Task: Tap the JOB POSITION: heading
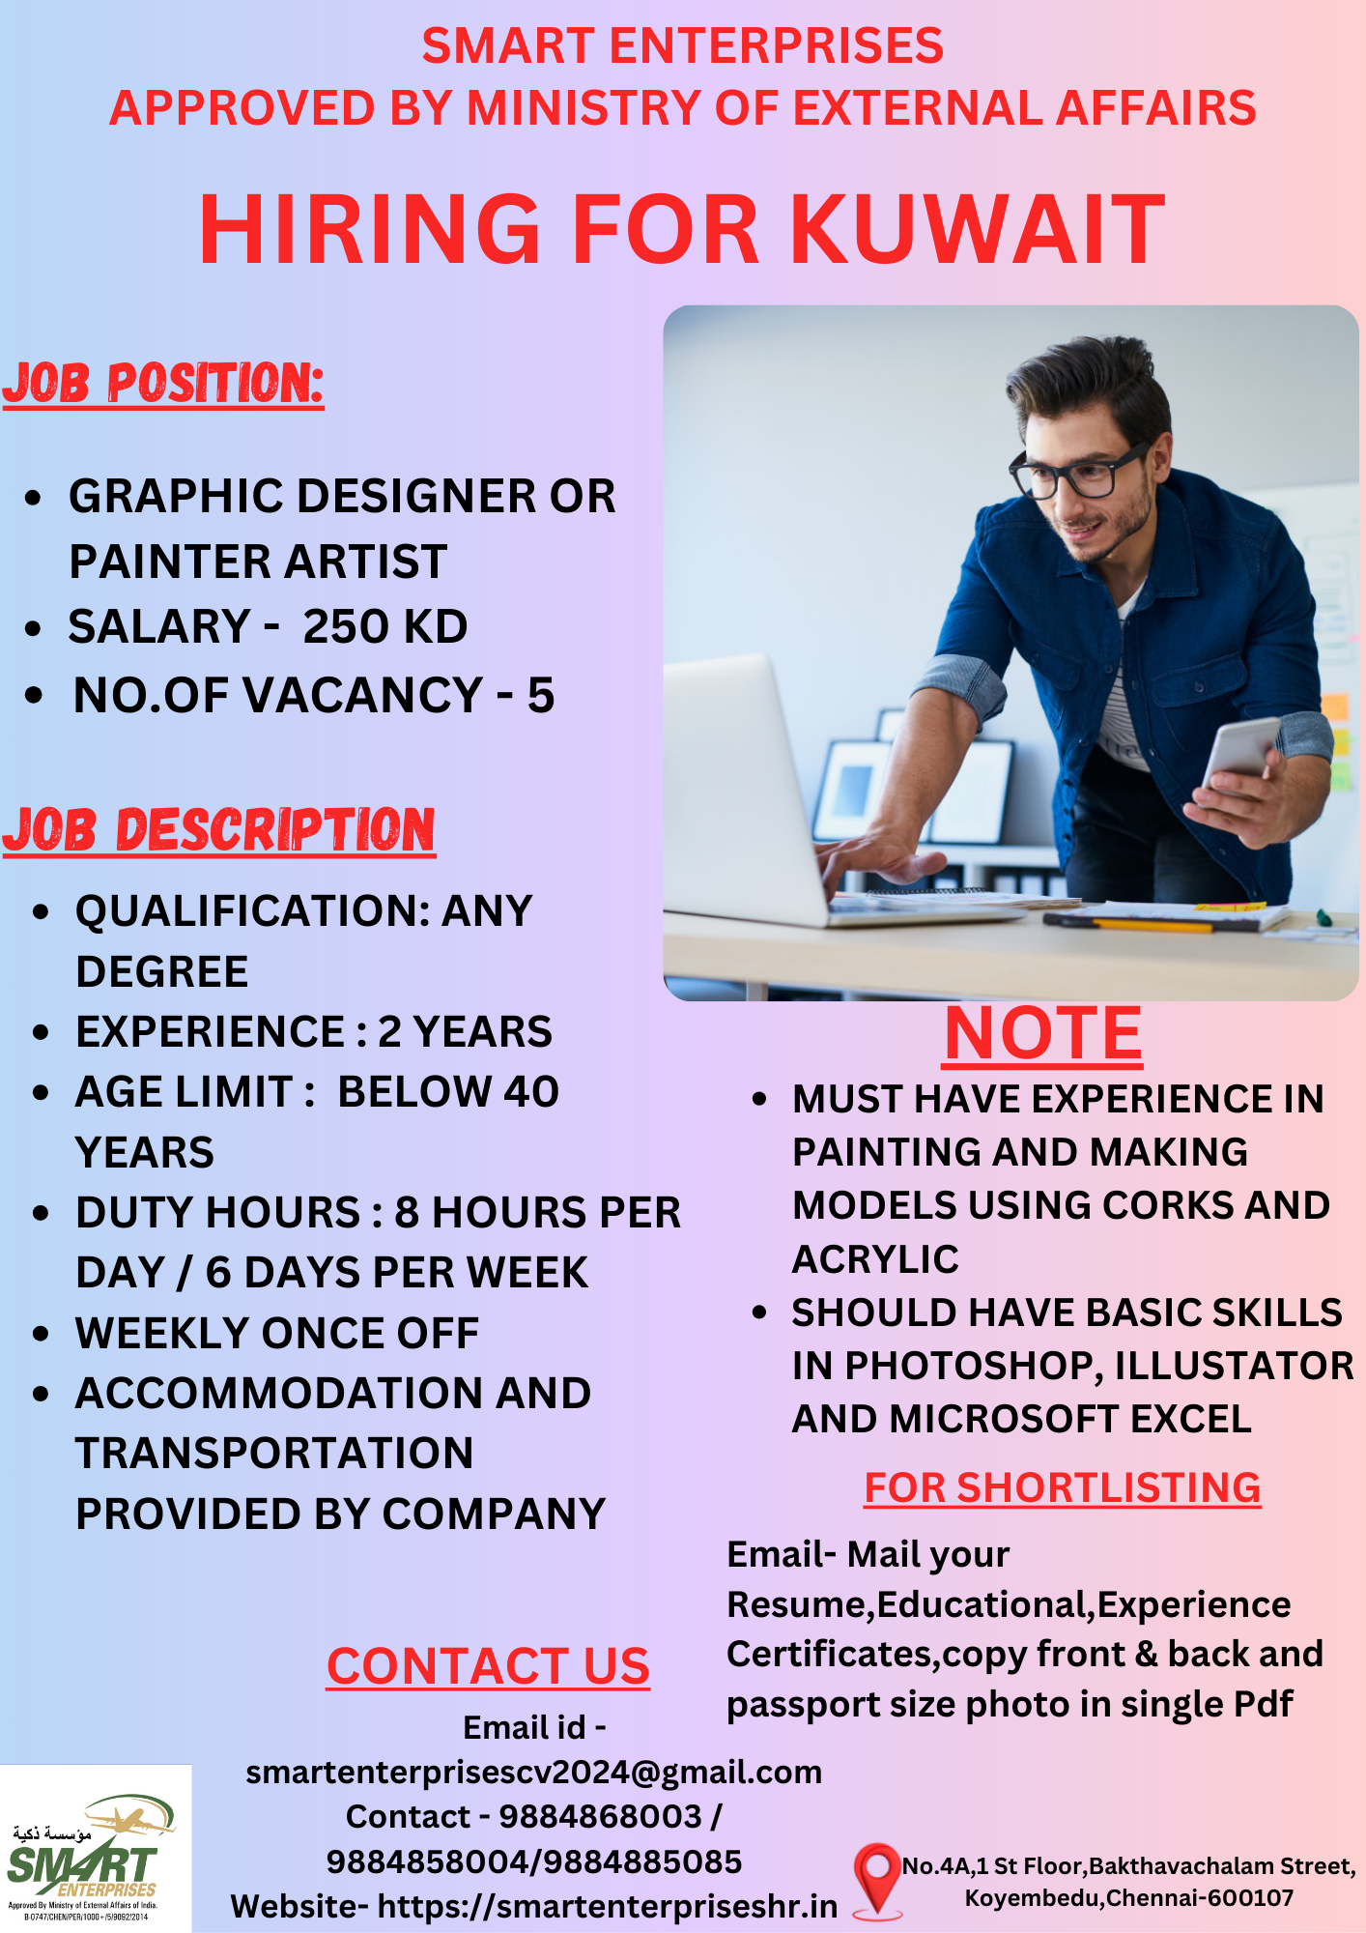pyautogui.click(x=163, y=384)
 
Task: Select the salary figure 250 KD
pyautogui.click(x=385, y=626)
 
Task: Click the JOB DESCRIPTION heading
pyautogui.click(x=219, y=830)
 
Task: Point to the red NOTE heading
pyautogui.click(x=1043, y=1034)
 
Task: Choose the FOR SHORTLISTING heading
pyautogui.click(x=1063, y=1487)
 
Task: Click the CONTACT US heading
pyautogui.click(x=488, y=1666)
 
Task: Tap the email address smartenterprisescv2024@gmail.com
pyautogui.click(x=534, y=1773)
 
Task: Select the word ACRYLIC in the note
pyautogui.click(x=875, y=1259)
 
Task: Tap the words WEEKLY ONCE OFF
pyautogui.click(x=277, y=1334)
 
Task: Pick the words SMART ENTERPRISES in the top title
pyautogui.click(x=683, y=46)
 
